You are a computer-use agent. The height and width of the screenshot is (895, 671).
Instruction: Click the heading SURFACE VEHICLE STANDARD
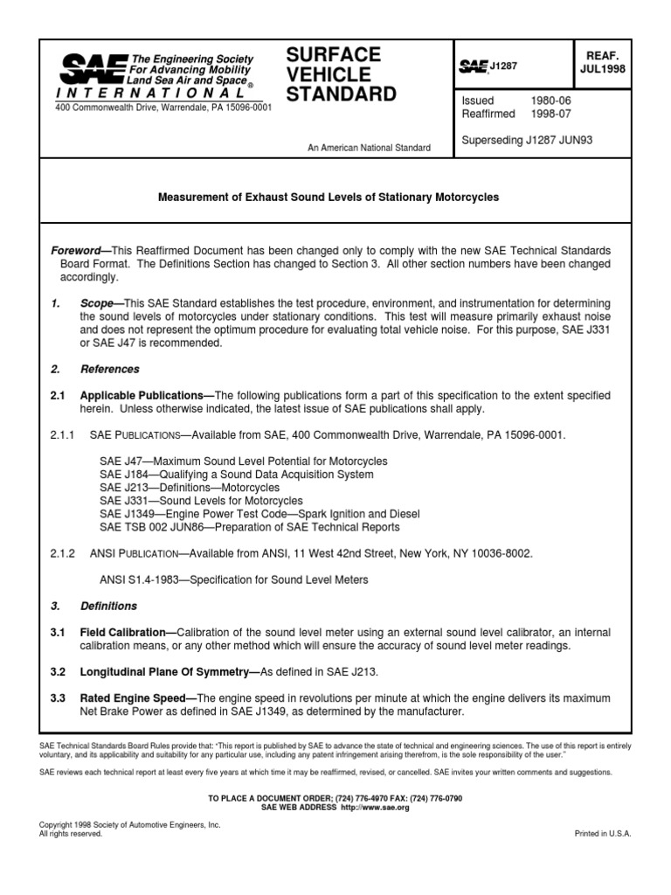click(341, 74)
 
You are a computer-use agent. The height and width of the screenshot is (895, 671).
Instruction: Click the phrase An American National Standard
click(369, 148)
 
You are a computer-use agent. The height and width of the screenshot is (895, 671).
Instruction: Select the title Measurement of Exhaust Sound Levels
click(328, 198)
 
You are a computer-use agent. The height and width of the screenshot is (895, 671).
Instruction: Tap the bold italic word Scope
click(95, 302)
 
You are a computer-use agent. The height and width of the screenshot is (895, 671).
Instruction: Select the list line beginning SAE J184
click(236, 475)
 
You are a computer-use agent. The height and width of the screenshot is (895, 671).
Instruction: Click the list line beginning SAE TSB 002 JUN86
click(249, 527)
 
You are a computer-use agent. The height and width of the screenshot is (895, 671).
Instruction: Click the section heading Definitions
click(108, 606)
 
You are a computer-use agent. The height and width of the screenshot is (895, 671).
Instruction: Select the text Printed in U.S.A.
click(602, 834)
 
